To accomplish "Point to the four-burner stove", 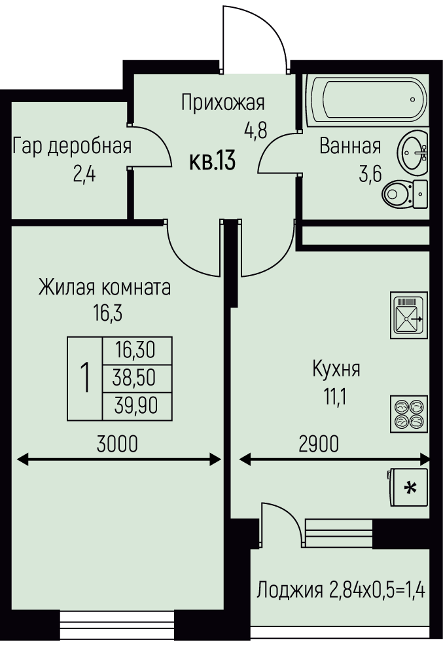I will click(408, 414).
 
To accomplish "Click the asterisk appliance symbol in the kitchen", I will click(410, 487).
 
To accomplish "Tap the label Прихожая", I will click(222, 103).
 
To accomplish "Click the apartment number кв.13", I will click(212, 160).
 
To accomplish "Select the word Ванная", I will click(350, 146).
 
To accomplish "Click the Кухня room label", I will click(336, 369).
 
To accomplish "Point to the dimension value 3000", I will click(117, 444).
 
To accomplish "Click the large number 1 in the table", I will click(84, 378).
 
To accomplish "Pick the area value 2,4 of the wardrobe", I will click(84, 175).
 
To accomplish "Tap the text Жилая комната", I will click(105, 287).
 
